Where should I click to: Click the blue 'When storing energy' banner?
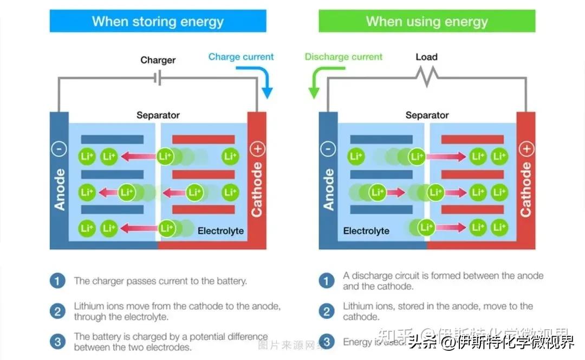tap(158, 21)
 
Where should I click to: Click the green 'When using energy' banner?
tap(427, 21)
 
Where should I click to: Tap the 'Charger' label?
tap(158, 60)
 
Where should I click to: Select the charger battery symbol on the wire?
tap(158, 78)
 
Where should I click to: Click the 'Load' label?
tap(426, 57)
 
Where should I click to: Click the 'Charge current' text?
tap(241, 57)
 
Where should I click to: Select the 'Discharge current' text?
tap(343, 57)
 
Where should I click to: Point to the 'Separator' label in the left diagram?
tap(158, 115)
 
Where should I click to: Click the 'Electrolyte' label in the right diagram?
tap(366, 231)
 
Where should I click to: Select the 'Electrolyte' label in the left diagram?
tap(220, 231)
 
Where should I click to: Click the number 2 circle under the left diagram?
tap(57, 311)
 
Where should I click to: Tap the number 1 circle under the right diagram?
tap(326, 281)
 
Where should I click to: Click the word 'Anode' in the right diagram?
tap(329, 189)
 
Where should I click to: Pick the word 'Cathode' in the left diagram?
tap(257, 189)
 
